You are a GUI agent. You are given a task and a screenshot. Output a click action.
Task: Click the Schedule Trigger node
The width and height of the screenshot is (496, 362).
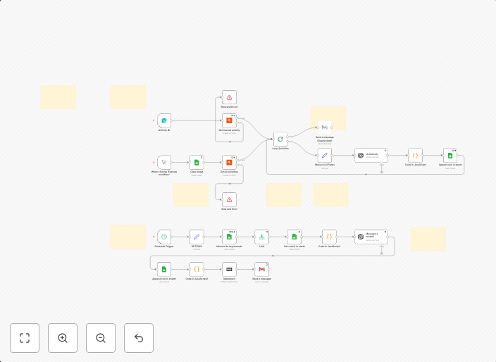[163, 237]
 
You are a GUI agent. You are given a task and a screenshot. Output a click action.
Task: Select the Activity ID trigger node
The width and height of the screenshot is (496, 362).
[163, 121]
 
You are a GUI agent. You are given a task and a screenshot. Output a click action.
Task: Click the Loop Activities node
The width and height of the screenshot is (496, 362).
[280, 139]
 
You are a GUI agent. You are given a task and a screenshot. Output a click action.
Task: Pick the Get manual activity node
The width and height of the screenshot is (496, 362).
[229, 121]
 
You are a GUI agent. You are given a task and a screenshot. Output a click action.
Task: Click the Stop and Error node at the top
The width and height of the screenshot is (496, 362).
[229, 97]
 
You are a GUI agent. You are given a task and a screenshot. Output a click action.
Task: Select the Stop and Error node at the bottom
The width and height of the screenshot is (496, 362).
[229, 199]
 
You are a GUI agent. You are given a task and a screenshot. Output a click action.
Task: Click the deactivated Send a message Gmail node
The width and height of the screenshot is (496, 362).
[324, 127]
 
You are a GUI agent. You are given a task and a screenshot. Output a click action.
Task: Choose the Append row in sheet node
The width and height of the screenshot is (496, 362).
[450, 155]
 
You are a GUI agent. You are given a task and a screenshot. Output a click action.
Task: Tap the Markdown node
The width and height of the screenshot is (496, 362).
[229, 269]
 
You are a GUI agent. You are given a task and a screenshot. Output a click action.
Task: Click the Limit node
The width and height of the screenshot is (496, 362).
[261, 237]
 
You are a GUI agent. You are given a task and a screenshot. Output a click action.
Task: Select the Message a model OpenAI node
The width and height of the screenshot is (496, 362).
[361, 237]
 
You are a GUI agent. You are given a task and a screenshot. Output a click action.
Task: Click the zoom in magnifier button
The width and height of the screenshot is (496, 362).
[63, 338]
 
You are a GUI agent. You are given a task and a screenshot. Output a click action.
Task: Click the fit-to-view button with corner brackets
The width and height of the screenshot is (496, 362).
[25, 338]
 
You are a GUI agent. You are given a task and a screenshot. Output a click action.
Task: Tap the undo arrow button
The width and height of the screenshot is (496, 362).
[139, 338]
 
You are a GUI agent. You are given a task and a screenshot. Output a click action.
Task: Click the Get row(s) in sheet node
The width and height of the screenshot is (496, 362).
[294, 237]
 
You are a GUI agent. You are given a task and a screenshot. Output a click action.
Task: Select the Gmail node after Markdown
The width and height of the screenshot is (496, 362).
[261, 269]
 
